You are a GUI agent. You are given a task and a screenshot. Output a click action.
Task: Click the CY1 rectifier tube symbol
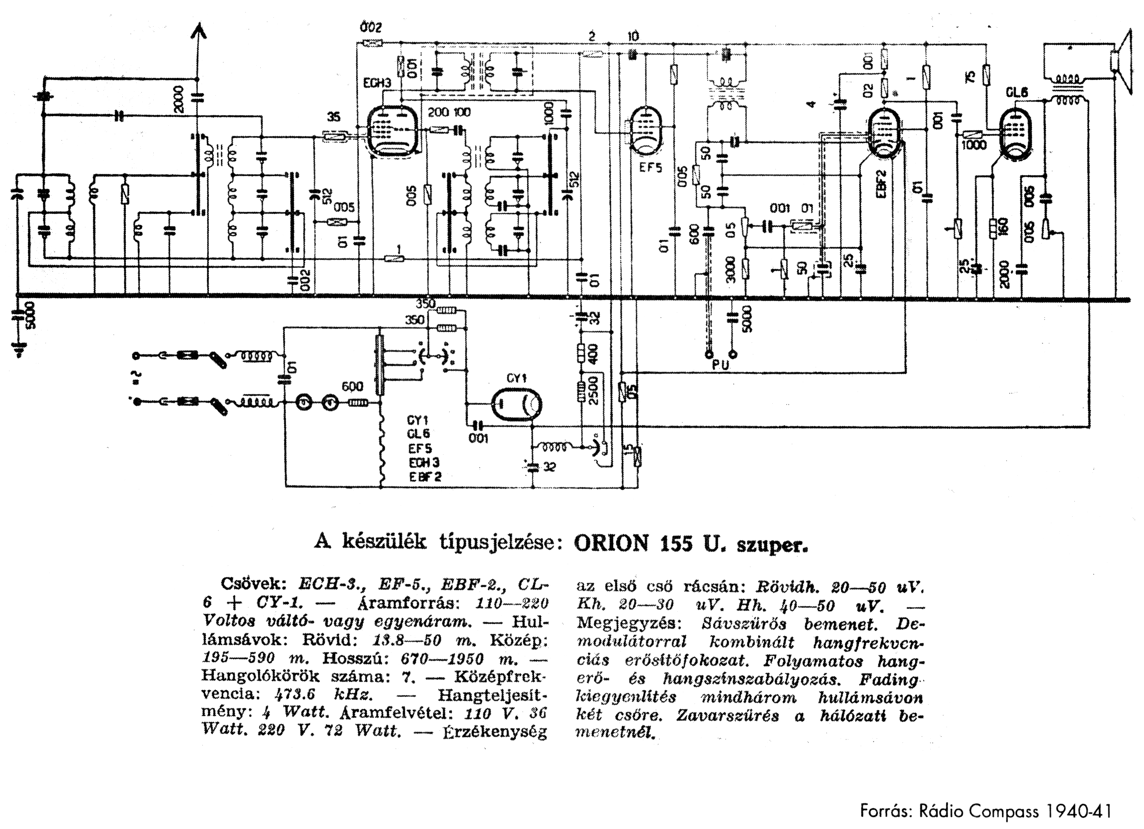pos(517,404)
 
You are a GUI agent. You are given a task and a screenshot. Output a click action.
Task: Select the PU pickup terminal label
pos(721,365)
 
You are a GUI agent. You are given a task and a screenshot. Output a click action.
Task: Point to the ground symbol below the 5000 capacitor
pos(19,349)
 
